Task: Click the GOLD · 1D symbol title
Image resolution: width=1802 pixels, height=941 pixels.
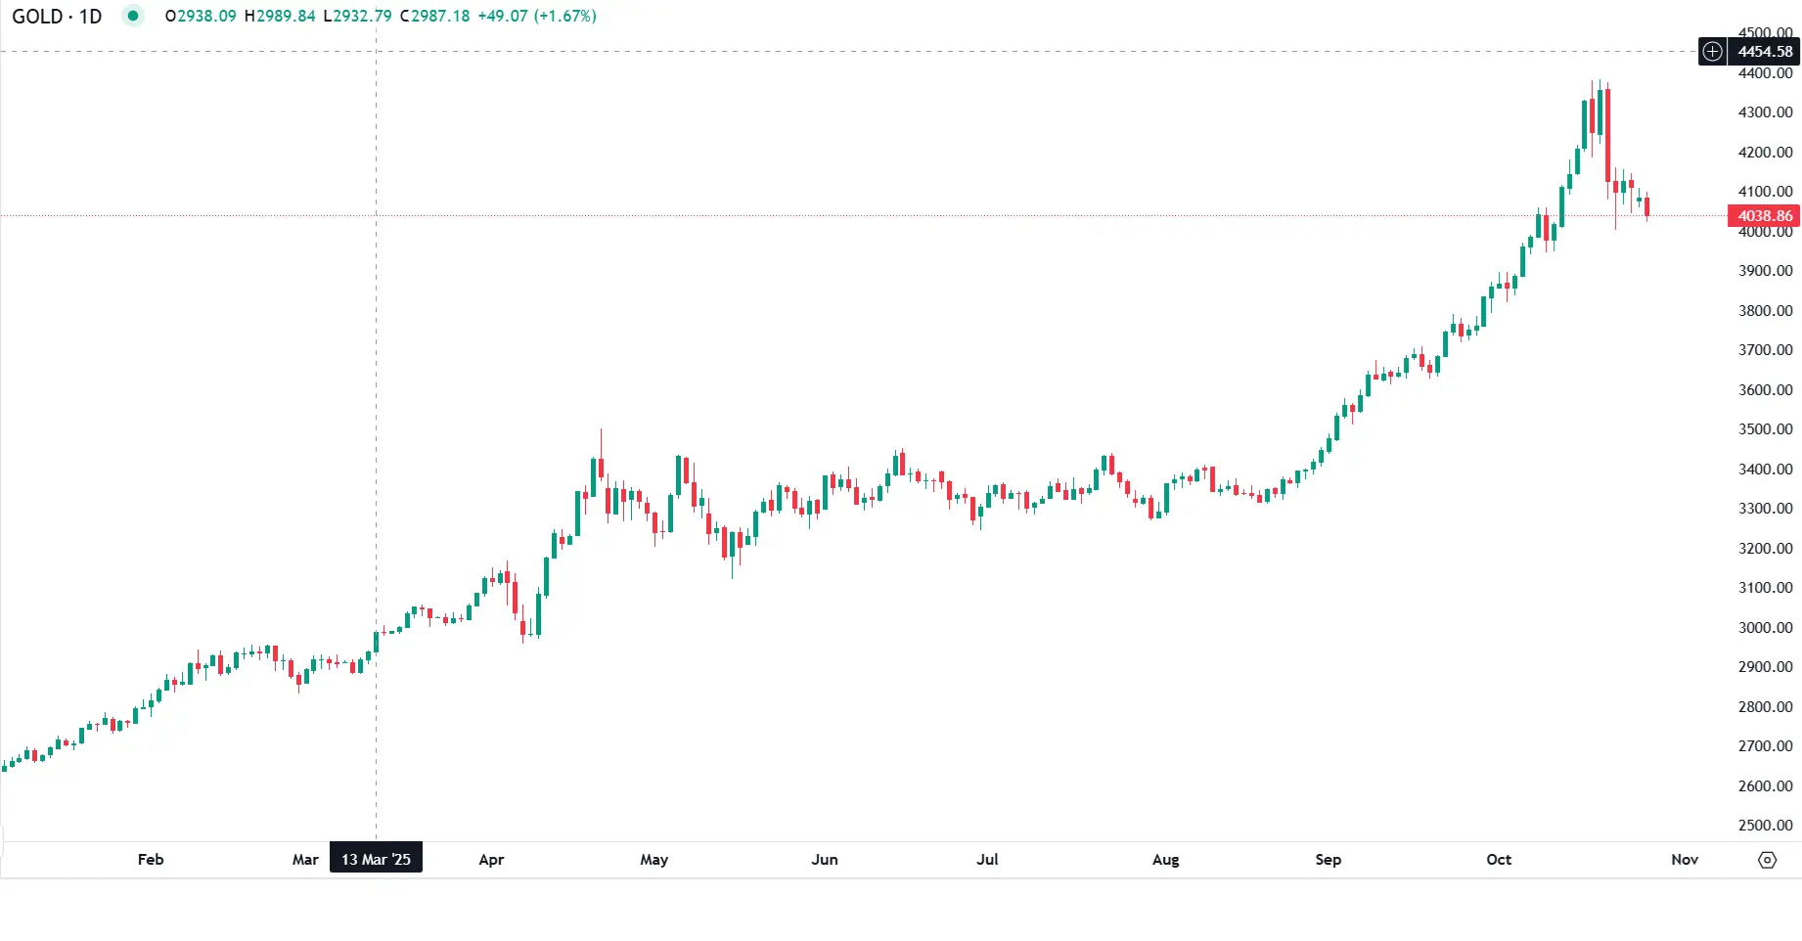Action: click(x=57, y=17)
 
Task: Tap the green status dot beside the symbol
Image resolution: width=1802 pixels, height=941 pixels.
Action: click(x=133, y=16)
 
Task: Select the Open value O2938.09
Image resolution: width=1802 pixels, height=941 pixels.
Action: click(x=201, y=17)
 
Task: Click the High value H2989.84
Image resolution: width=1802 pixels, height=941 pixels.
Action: click(x=280, y=17)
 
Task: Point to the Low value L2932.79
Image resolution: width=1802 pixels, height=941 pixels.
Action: click(x=358, y=17)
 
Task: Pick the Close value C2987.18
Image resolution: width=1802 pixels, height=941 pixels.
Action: click(x=434, y=17)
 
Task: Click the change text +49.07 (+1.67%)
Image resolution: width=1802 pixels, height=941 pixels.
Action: click(x=537, y=17)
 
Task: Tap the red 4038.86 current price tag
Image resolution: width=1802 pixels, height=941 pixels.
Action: click(x=1764, y=216)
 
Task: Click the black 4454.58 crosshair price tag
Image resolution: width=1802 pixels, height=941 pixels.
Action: click(x=1764, y=52)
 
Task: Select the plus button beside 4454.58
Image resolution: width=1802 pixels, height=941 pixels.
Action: click(x=1712, y=52)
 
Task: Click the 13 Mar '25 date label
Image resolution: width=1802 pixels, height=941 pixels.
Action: click(x=376, y=860)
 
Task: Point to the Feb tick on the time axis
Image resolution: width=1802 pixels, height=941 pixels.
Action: click(x=151, y=860)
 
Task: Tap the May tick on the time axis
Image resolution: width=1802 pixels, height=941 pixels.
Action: click(x=653, y=860)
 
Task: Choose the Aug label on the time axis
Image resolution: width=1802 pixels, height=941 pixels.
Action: click(x=1165, y=860)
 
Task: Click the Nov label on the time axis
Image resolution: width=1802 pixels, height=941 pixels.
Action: click(x=1685, y=860)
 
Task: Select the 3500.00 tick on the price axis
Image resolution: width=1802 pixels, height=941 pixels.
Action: click(x=1765, y=429)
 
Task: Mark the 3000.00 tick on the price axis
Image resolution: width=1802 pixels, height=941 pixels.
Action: click(x=1765, y=628)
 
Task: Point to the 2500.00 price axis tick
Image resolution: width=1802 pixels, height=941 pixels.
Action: click(x=1765, y=826)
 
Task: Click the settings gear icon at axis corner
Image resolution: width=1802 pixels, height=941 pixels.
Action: click(x=1767, y=860)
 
